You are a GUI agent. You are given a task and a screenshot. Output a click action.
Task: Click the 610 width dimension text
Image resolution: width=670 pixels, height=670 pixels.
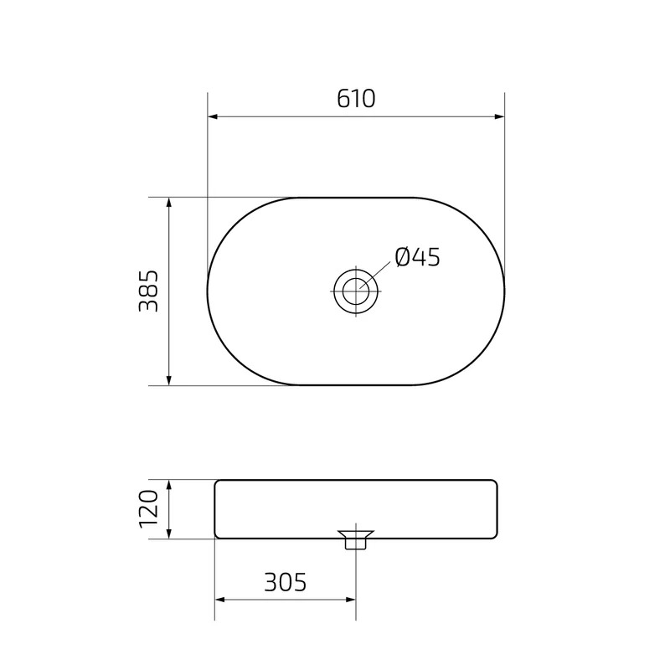click(356, 99)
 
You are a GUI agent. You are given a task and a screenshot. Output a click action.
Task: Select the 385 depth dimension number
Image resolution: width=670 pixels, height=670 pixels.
click(149, 291)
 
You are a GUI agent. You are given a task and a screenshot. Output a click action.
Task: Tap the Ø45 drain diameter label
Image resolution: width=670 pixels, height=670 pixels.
click(417, 257)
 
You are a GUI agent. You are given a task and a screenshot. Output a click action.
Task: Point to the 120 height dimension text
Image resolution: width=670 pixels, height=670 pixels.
click(149, 509)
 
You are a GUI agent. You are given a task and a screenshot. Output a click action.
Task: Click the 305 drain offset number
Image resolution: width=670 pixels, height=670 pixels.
click(285, 582)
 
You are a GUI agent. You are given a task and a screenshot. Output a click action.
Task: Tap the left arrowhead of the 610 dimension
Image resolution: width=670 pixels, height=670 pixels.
click(213, 116)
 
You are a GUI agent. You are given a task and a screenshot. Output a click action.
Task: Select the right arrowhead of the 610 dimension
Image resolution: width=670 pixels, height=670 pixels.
click(499, 116)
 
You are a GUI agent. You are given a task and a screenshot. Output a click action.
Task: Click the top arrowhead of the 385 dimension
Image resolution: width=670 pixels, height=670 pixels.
click(169, 203)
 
